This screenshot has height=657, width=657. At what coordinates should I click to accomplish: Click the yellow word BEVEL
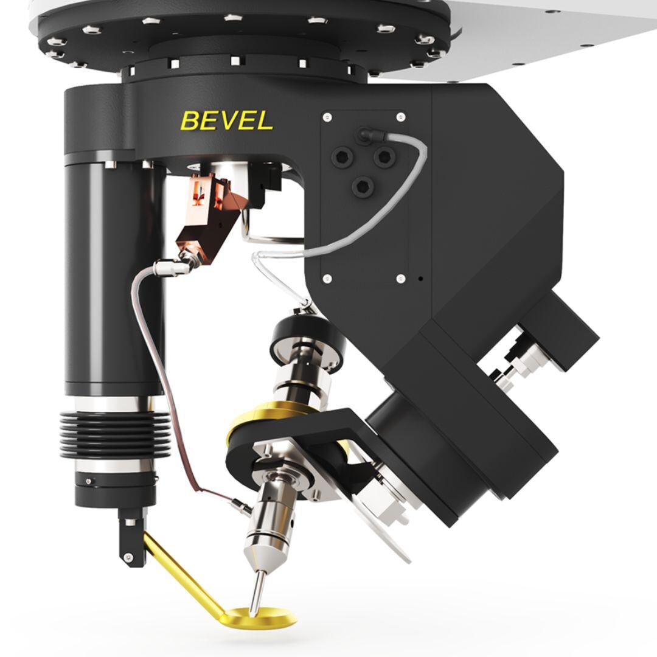(x=227, y=120)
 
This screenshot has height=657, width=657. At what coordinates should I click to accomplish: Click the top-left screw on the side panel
(x=327, y=117)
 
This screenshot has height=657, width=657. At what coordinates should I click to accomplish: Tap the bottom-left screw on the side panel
(x=328, y=279)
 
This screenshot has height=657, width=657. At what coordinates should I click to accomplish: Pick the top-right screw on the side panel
(x=400, y=117)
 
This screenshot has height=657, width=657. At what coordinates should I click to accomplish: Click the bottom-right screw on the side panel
(x=400, y=279)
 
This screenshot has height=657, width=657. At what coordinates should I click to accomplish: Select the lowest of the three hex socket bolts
(x=363, y=186)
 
